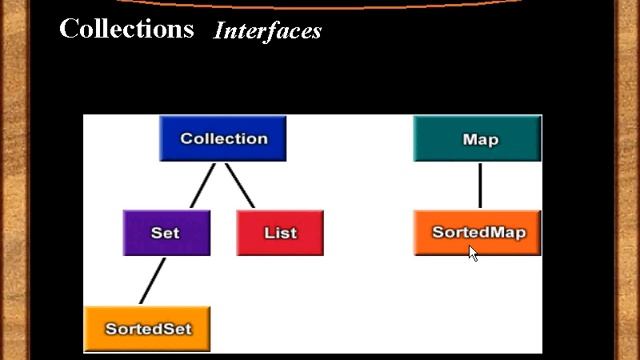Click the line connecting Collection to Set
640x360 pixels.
(x=203, y=185)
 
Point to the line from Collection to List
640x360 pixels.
(x=239, y=185)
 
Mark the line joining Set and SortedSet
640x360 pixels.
(x=152, y=281)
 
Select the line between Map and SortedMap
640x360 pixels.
(x=480, y=185)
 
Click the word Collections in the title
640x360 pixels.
(x=126, y=28)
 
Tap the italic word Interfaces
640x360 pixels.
(x=268, y=31)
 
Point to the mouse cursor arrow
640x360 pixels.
(x=472, y=252)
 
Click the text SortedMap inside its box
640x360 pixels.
(x=478, y=232)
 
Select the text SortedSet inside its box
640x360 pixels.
(x=148, y=328)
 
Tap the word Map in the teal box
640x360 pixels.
(x=480, y=139)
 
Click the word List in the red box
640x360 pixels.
(x=280, y=233)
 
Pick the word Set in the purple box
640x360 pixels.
(x=165, y=233)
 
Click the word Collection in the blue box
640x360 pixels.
(x=224, y=139)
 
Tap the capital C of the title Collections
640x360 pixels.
(x=69, y=28)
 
